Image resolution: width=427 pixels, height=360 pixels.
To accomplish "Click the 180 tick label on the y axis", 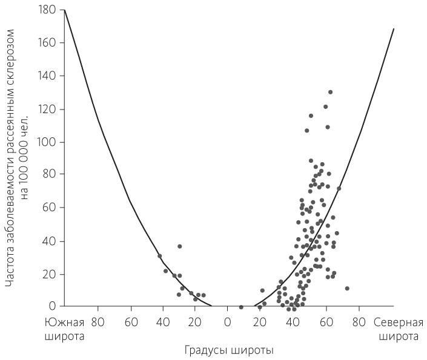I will [48, 10].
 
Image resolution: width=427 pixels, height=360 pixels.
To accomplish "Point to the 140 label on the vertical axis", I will [48, 76].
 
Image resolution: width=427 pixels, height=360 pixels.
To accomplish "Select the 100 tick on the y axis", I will [48, 142].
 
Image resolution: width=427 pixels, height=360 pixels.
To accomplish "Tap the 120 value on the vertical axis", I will [48, 109].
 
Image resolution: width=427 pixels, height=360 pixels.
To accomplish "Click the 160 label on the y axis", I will [48, 43].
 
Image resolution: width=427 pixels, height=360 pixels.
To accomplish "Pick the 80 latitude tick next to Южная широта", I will [97, 322].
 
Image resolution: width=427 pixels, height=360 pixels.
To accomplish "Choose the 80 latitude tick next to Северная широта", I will [359, 322].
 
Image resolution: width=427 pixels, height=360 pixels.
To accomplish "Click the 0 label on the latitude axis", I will [228, 322].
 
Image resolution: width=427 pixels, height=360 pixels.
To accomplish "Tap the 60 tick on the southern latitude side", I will [130, 322].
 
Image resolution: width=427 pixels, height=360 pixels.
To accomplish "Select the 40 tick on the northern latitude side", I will [293, 322].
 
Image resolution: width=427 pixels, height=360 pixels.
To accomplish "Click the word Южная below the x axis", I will [64, 322].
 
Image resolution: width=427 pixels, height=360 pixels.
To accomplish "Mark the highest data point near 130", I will [330, 92].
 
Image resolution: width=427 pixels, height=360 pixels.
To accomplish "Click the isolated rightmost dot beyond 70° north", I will [347, 289].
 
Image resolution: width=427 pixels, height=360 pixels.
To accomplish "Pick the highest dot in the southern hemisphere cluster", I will [179, 246].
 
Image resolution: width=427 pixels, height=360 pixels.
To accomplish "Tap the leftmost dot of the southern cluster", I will [160, 256].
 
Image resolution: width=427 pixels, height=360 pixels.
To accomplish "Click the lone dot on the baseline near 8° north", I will [241, 307].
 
